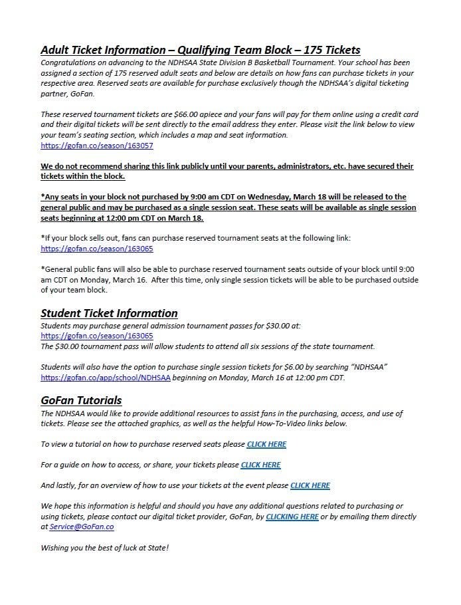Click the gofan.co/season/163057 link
click(x=97, y=145)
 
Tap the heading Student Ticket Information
click(x=109, y=313)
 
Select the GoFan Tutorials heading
click(x=81, y=400)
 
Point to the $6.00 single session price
click(x=276, y=367)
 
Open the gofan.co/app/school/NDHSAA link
click(x=106, y=377)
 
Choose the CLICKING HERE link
click(x=292, y=517)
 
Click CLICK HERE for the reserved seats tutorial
click(x=266, y=444)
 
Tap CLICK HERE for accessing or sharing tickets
click(x=260, y=465)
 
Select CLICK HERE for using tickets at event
click(x=310, y=485)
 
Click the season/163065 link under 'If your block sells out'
click(x=97, y=249)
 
